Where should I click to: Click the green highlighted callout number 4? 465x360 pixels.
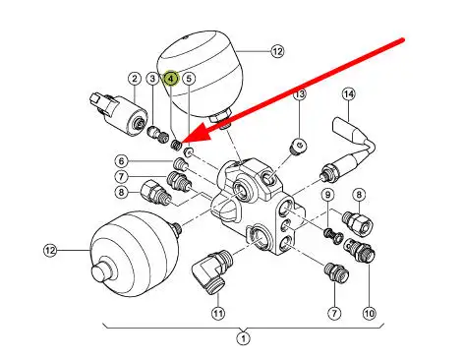171,79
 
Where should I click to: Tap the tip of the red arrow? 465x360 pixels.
180,143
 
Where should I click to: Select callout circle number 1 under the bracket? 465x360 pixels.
243,338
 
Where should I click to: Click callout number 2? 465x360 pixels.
135,79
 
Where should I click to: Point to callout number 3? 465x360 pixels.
152,79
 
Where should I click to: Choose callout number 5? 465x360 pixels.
189,79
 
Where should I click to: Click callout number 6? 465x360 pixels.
122,161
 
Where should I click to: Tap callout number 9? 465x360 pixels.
327,195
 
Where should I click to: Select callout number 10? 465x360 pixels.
370,313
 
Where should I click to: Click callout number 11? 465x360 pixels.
218,313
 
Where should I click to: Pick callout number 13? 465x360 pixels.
300,94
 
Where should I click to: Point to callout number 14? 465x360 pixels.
349,94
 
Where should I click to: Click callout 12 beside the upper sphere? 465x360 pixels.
277,51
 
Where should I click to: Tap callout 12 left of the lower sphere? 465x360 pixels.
50,251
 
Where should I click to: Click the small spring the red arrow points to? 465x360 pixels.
176,145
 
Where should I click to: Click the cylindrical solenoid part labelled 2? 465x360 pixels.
119,113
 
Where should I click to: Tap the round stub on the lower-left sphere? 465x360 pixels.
102,272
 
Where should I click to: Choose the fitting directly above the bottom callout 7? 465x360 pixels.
336,272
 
